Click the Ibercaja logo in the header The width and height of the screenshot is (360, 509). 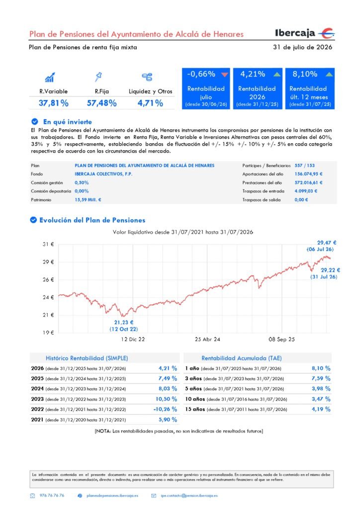pyautogui.click(x=305, y=33)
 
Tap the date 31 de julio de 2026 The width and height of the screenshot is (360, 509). pyautogui.click(x=302, y=47)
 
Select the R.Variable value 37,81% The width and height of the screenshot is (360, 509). pyautogui.click(x=54, y=103)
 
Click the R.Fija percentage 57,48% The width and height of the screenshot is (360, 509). pyautogui.click(x=101, y=103)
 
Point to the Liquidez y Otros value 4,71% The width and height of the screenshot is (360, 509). pyautogui.click(x=150, y=103)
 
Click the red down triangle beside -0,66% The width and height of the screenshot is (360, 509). pyautogui.click(x=224, y=75)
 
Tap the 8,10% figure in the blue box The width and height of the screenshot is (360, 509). pyautogui.click(x=305, y=74)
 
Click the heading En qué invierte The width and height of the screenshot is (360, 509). pyautogui.click(x=68, y=122)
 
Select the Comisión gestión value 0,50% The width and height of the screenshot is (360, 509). pyautogui.click(x=82, y=182)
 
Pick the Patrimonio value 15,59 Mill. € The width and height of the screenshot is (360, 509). pyautogui.click(x=88, y=200)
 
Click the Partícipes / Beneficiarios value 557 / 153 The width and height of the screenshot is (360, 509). pyautogui.click(x=304, y=165)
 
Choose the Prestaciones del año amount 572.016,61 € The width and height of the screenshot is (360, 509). pyautogui.click(x=308, y=182)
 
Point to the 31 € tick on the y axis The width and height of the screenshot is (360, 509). pyautogui.click(x=48, y=244)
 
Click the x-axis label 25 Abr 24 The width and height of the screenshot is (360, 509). pyautogui.click(x=207, y=339)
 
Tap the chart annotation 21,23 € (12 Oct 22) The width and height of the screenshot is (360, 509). pyautogui.click(x=124, y=326)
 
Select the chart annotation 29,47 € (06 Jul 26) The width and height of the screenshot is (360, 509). pyautogui.click(x=321, y=246)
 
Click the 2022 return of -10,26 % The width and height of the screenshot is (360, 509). pyautogui.click(x=165, y=409)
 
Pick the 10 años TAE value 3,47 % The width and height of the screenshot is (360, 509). pyautogui.click(x=321, y=399)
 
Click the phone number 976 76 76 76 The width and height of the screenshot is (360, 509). pyautogui.click(x=52, y=496)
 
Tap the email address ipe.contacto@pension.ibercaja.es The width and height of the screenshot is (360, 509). pyautogui.click(x=189, y=496)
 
